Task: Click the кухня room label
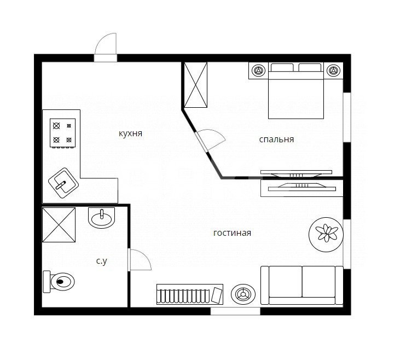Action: [130, 133]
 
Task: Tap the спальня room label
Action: [276, 139]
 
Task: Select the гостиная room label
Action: [232, 233]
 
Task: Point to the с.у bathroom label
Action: [101, 262]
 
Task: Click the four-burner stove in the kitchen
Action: [62, 133]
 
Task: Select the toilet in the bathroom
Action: [60, 282]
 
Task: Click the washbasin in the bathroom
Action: [102, 218]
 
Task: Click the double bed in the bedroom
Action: [295, 93]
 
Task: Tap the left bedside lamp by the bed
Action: [258, 71]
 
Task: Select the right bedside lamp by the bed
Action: [333, 71]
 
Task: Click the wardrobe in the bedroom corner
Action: [196, 85]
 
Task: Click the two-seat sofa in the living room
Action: [301, 284]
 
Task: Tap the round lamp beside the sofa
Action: [242, 294]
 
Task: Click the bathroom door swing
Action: [138, 259]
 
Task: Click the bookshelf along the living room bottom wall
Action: [189, 294]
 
